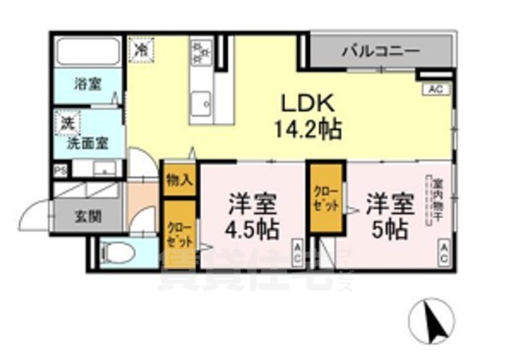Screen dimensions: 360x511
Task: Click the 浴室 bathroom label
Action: [x=88, y=84]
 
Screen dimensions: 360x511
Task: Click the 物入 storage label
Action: [x=177, y=180]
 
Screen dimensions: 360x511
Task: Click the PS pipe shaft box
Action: [x=60, y=170]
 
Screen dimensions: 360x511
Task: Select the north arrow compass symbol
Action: [x=431, y=322]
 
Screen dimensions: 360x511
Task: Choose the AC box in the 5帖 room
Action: [x=442, y=255]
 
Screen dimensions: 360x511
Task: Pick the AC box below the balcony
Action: [x=436, y=89]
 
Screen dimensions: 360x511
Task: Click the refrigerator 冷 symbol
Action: [x=141, y=49]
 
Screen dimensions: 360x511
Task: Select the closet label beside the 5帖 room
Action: [x=324, y=198]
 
